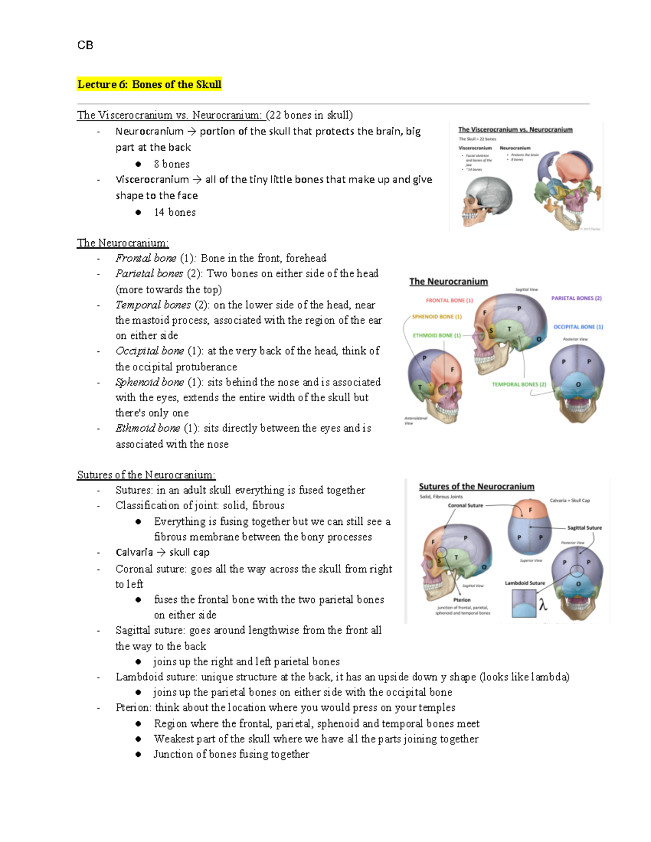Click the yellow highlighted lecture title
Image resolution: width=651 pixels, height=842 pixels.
(149, 85)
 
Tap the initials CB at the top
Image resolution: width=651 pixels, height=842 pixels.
(85, 46)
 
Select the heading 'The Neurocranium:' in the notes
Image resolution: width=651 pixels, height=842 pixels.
(123, 243)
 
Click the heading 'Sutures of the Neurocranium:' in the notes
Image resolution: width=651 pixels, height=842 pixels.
(146, 475)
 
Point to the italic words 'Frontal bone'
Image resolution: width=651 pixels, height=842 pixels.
(146, 258)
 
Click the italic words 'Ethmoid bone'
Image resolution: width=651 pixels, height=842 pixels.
(148, 428)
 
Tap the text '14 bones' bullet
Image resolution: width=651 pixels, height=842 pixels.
(175, 213)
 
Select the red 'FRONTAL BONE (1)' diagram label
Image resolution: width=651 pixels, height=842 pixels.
(449, 300)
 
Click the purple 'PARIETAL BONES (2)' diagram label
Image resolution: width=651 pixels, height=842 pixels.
(576, 298)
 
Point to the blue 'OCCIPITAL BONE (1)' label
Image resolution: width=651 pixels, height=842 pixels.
(578, 327)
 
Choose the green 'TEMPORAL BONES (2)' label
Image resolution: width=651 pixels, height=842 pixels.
(519, 384)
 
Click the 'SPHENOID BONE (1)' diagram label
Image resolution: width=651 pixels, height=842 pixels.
(437, 317)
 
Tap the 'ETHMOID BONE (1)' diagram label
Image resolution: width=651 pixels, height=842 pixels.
(437, 336)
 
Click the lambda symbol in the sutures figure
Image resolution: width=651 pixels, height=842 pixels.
(542, 604)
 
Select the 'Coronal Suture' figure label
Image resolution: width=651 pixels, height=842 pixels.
(465, 505)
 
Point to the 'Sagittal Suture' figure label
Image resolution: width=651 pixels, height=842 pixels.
(584, 528)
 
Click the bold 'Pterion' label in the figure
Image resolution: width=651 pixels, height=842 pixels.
(462, 600)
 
